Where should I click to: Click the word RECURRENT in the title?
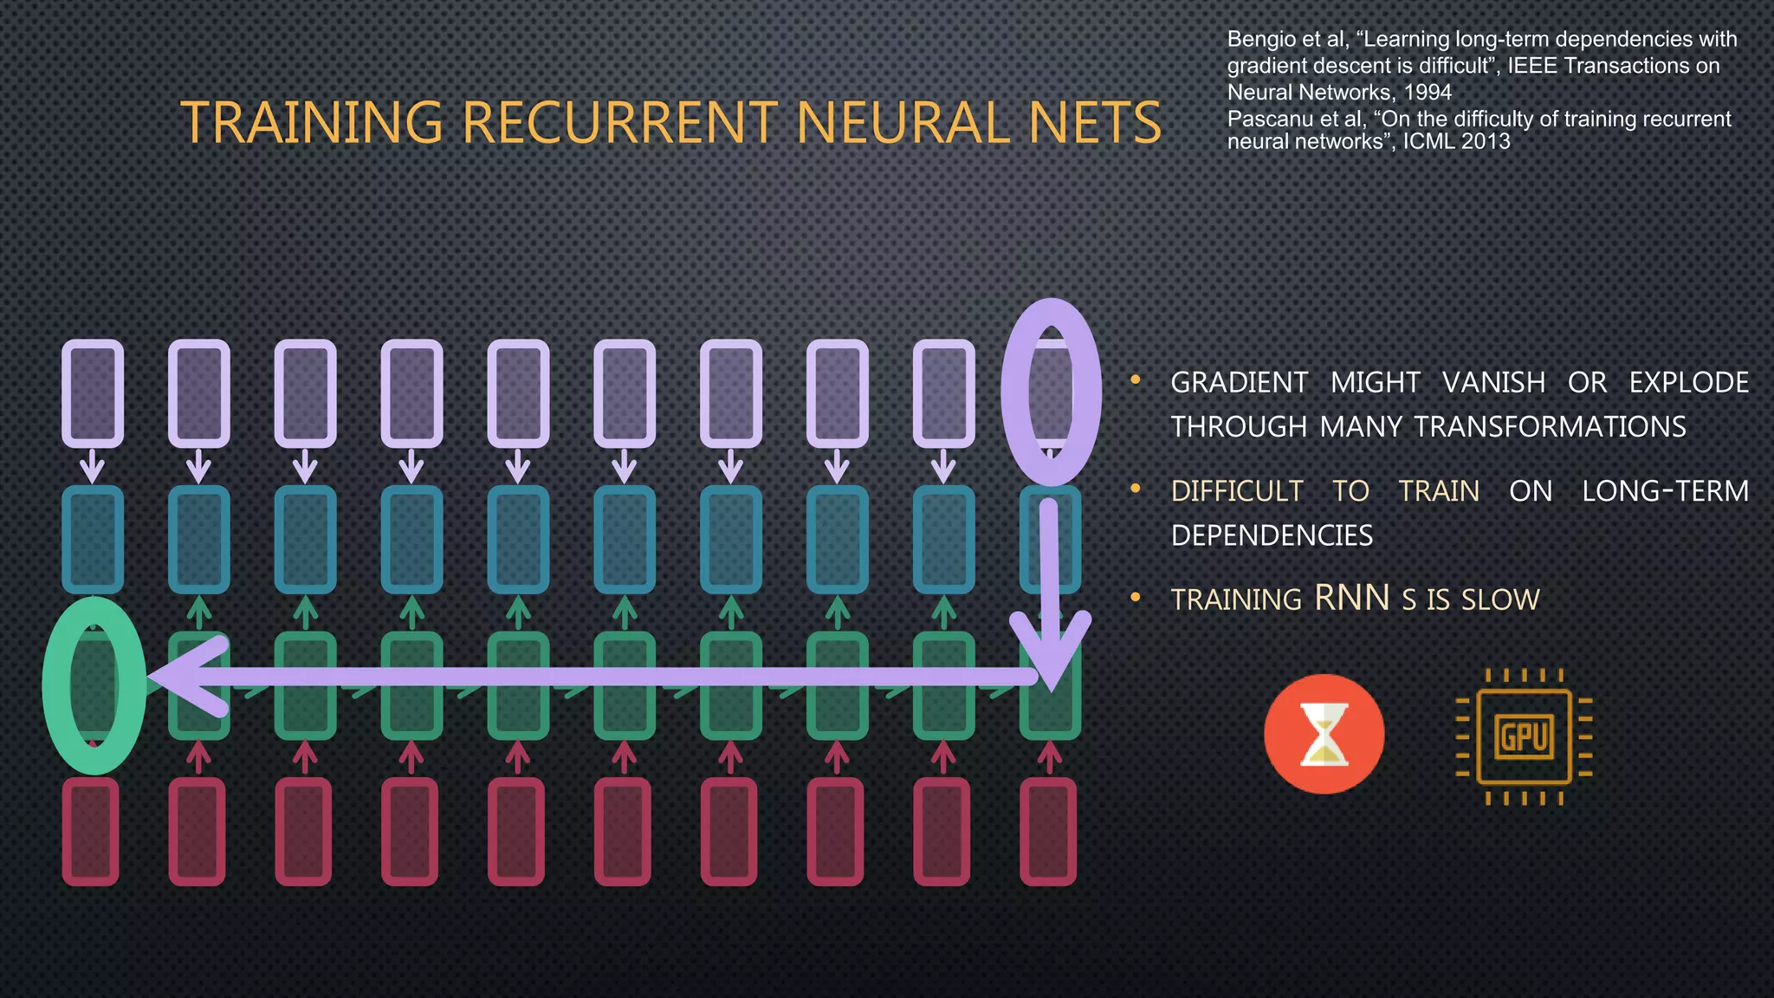620,122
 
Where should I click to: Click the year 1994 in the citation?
1427,92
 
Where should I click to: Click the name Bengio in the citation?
1261,39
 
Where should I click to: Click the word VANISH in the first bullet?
1493,382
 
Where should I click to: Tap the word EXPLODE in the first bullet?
1688,382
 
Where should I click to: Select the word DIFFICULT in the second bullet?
1236,491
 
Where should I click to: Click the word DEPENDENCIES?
1272,535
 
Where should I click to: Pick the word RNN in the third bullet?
1351,598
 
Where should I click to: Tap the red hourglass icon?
1324,734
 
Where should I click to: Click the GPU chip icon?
1525,736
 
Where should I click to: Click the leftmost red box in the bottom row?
90,832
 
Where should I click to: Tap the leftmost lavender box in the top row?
92,393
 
